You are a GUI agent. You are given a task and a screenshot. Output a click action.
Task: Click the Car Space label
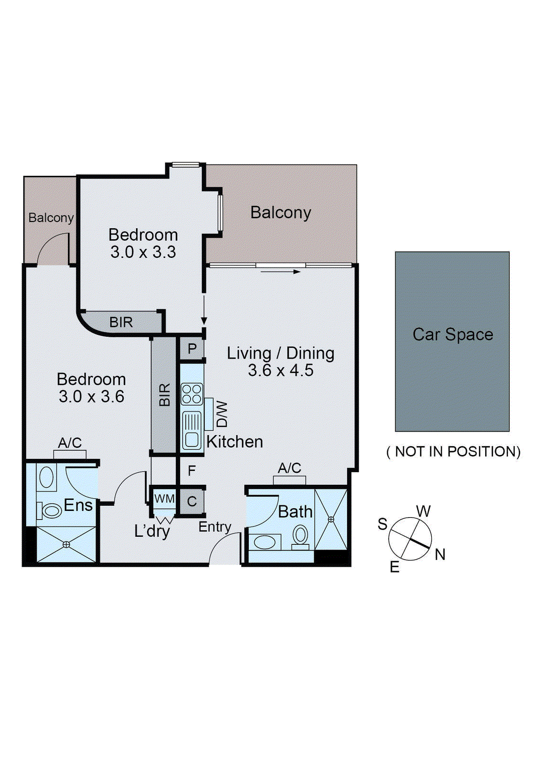pyautogui.click(x=453, y=334)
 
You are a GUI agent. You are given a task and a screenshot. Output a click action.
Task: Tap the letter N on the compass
pyautogui.click(x=440, y=554)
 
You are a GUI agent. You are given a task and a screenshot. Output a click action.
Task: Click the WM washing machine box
pyautogui.click(x=164, y=499)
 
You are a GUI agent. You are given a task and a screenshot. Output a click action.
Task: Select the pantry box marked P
pyautogui.click(x=192, y=349)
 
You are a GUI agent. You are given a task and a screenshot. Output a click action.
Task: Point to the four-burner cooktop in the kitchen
pyautogui.click(x=192, y=394)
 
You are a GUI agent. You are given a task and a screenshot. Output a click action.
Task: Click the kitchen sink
pyautogui.click(x=192, y=430)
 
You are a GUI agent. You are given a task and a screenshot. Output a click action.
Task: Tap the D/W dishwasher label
pyautogui.click(x=222, y=414)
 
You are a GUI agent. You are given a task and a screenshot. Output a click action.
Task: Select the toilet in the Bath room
pyautogui.click(x=300, y=536)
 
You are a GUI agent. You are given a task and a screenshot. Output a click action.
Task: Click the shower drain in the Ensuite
pyautogui.click(x=66, y=544)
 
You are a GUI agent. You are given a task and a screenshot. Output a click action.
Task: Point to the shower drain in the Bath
pyautogui.click(x=331, y=519)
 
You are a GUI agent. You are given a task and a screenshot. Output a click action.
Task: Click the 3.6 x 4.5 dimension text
pyautogui.click(x=281, y=371)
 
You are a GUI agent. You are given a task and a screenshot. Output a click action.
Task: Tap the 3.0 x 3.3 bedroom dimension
pyautogui.click(x=143, y=252)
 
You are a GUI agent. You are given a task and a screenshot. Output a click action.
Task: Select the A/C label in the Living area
pyautogui.click(x=289, y=468)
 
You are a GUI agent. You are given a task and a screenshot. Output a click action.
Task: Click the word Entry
pyautogui.click(x=215, y=527)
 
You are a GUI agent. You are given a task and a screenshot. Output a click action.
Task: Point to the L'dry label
pyautogui.click(x=152, y=531)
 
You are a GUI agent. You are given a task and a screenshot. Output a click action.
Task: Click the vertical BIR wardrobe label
pyautogui.click(x=164, y=395)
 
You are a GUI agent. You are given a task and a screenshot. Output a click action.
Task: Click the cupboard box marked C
pyautogui.click(x=192, y=501)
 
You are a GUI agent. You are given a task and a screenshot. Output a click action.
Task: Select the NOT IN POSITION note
pyautogui.click(x=453, y=452)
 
